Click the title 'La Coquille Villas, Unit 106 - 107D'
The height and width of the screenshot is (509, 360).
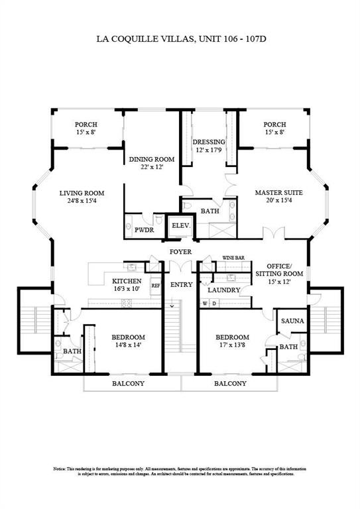point(181,39)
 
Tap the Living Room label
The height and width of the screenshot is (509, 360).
point(82,194)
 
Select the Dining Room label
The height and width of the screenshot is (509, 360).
point(151,159)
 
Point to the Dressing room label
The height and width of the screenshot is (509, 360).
point(209,142)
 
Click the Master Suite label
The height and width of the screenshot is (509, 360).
point(278,194)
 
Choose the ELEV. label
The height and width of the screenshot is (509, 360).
point(181,225)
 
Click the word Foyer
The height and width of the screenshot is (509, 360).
point(180,252)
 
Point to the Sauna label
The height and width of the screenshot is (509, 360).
point(292,321)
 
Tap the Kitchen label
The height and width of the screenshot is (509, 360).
point(126,281)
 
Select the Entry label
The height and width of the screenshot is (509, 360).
point(180,284)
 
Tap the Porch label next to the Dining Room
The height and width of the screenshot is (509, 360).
point(86,125)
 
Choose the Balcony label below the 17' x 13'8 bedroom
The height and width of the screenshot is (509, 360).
point(230,384)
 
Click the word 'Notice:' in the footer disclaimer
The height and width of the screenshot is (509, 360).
point(61,469)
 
